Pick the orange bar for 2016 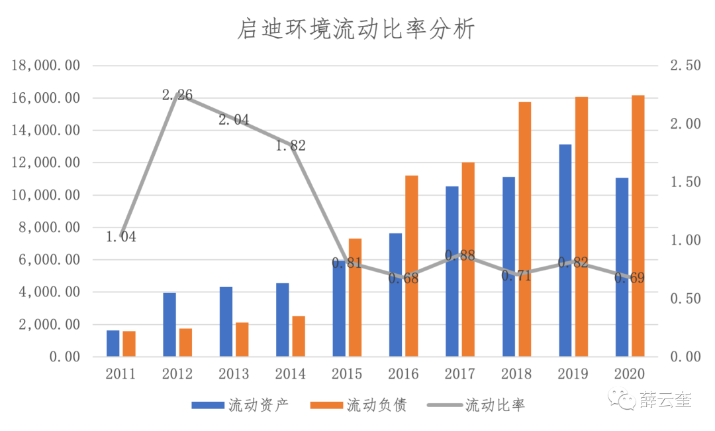click(x=412, y=266)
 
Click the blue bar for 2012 click(x=170, y=325)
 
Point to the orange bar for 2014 click(x=299, y=337)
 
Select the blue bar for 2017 click(x=452, y=271)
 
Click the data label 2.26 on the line click(x=177, y=95)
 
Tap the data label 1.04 click(x=121, y=237)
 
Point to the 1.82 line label click(x=291, y=146)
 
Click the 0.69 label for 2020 click(x=630, y=278)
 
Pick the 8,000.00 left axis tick click(x=50, y=227)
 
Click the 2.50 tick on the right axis click(x=685, y=66)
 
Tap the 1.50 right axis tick click(x=685, y=182)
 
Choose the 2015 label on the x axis click(x=347, y=374)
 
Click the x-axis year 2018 click(x=516, y=374)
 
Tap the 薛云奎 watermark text click(x=665, y=400)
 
